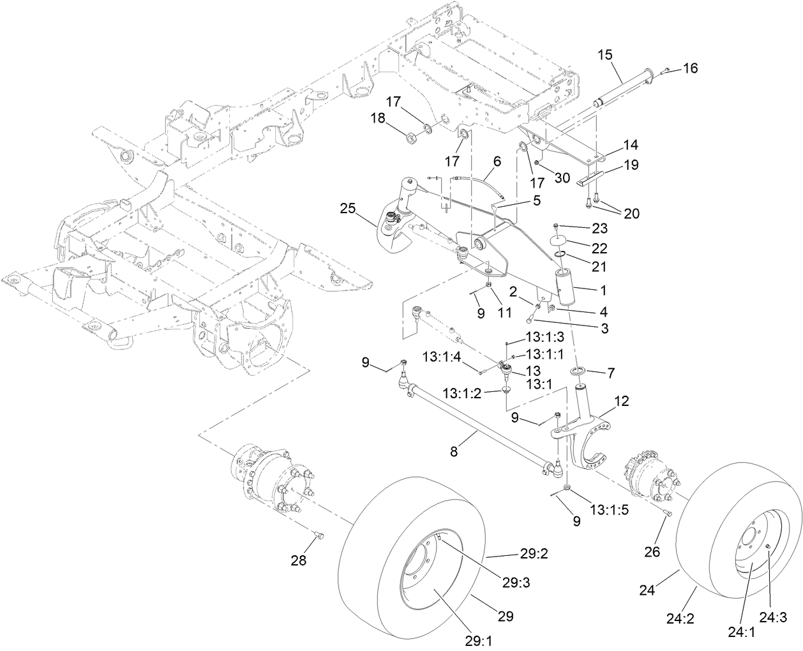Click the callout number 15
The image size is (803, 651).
coord(604,56)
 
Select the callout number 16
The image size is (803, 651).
coord(691,68)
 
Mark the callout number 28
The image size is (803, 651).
coord(299,561)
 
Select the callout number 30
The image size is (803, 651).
coord(562,178)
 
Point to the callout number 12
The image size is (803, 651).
coord(621,401)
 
